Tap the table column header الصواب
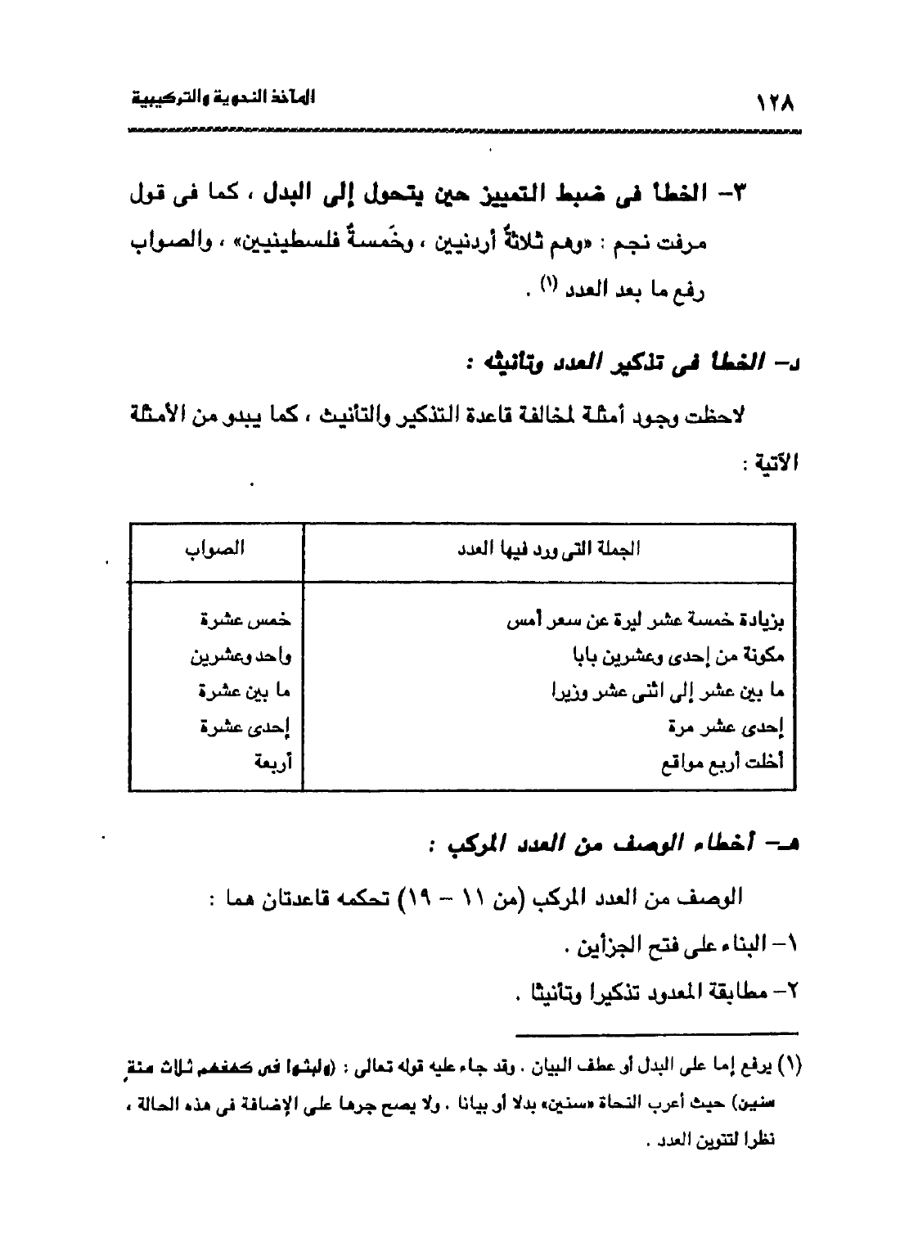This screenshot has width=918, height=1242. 217,549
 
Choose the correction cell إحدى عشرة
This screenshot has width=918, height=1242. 246,727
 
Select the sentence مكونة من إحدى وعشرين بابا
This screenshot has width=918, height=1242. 678,655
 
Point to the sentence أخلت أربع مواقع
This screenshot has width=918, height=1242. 722,763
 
